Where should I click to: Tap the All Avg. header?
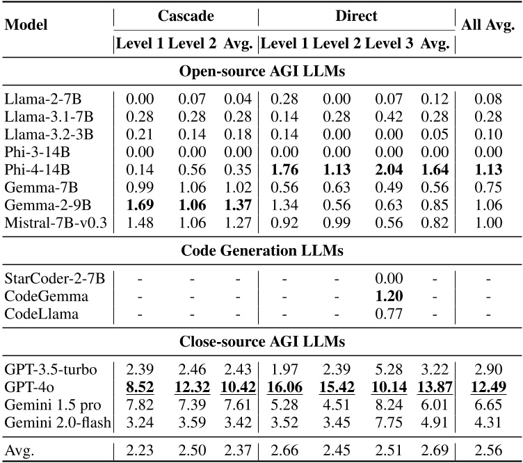pyautogui.click(x=488, y=26)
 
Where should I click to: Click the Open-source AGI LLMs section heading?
pyautogui.click(x=261, y=72)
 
